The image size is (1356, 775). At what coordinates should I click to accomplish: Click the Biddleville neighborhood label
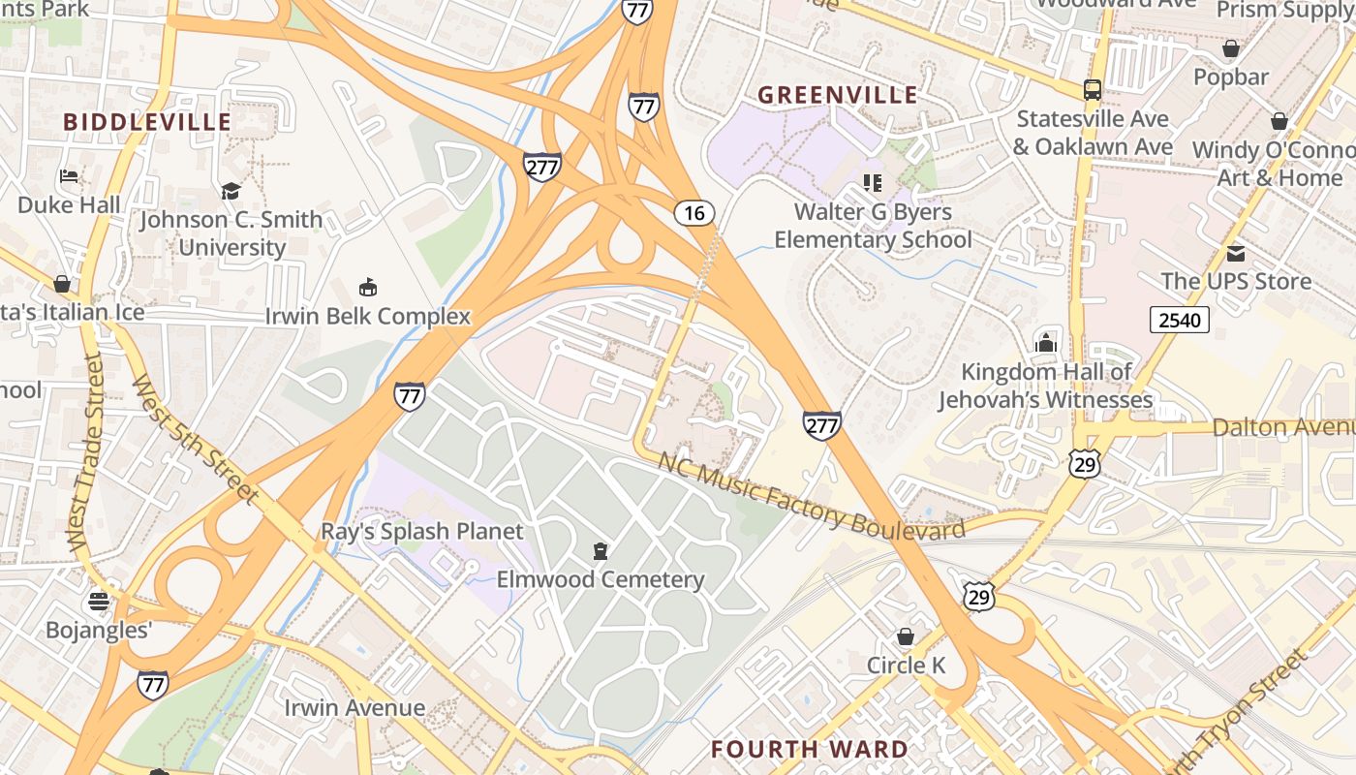coord(147,122)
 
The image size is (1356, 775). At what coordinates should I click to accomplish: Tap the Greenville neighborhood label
coord(837,95)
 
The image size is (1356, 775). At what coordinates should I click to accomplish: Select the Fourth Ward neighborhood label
coord(809,749)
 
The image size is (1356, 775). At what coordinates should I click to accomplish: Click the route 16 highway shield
coord(694,213)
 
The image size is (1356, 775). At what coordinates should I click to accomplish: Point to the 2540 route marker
coord(1179,319)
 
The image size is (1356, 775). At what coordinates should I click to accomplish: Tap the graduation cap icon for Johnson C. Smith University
coord(231,191)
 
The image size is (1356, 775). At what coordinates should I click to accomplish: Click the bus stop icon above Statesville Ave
coord(1093,89)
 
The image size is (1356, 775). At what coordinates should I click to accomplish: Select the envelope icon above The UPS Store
coord(1236,254)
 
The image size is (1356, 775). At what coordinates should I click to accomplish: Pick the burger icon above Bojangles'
coord(98,602)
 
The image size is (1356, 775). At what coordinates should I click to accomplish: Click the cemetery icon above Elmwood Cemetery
coord(601,551)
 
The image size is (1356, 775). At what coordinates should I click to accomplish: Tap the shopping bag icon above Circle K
coord(906,636)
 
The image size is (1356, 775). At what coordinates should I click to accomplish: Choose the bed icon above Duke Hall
coord(69,176)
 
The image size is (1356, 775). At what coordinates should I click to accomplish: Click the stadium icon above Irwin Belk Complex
coord(368,288)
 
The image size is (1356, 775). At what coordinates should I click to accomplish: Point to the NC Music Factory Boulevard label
coord(811,495)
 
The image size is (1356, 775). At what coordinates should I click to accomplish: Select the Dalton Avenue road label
coord(1282,427)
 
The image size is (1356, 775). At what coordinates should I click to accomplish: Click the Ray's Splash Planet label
coord(422,531)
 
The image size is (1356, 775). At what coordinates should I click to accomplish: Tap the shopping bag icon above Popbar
coord(1231,48)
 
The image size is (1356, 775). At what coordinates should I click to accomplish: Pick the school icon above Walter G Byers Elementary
coord(873,183)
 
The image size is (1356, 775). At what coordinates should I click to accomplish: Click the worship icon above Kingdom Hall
coord(1045,343)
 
